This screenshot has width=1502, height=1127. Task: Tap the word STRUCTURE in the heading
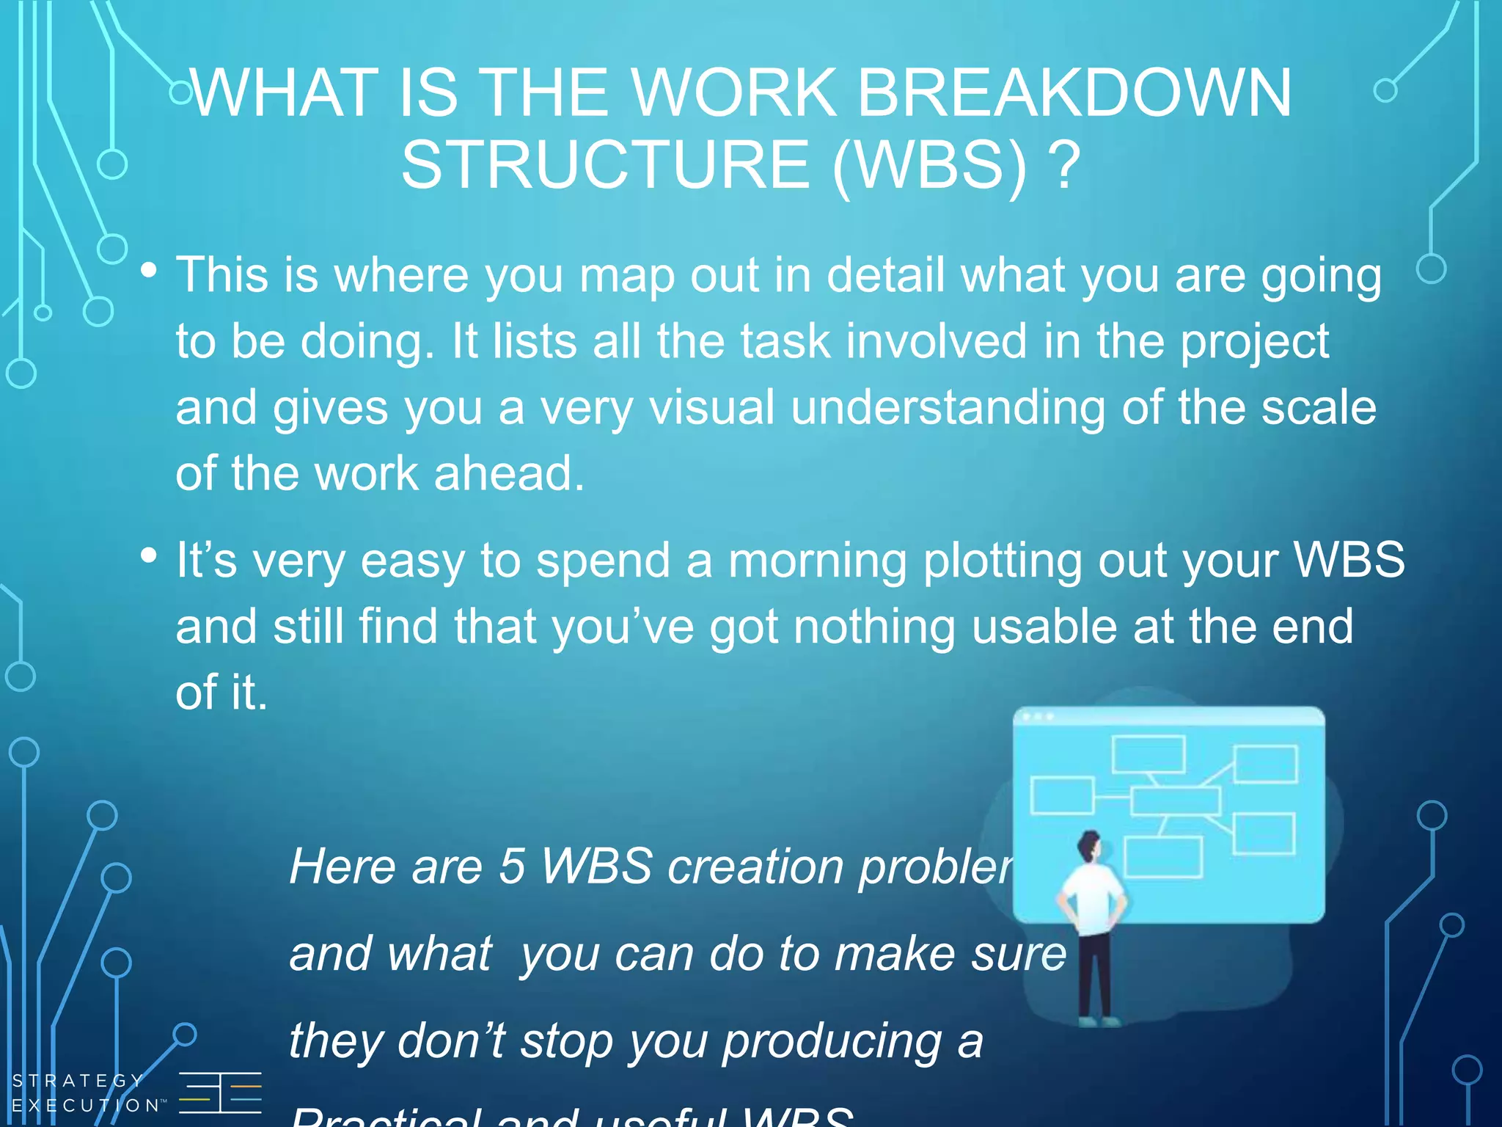coord(606,165)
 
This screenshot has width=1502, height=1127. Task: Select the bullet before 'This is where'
coord(149,271)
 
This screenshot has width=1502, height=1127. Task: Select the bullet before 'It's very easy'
coord(149,555)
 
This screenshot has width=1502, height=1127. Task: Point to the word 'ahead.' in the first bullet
coord(509,473)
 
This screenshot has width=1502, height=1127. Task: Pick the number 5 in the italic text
coord(512,867)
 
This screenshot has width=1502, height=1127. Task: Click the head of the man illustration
coord(1090,847)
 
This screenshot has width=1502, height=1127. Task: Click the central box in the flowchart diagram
coord(1175,800)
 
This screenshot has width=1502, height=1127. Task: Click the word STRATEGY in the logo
coord(78,1081)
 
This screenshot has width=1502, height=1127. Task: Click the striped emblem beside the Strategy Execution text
coord(220,1093)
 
